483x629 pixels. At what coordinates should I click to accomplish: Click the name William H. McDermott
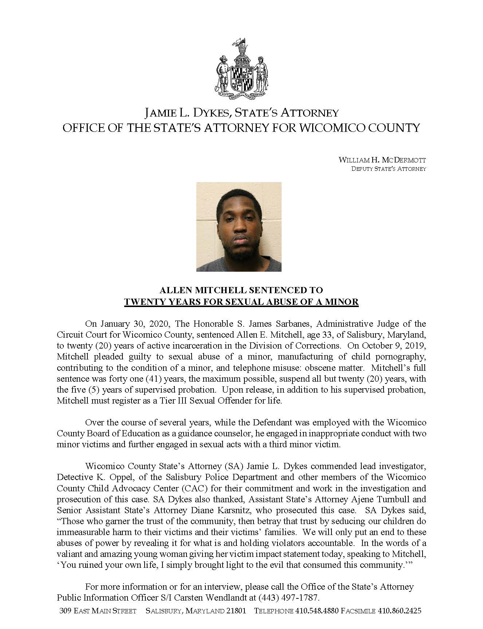click(x=382, y=160)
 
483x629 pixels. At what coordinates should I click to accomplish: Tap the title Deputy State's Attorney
click(x=388, y=169)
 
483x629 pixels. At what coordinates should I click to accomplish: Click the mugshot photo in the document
click(x=239, y=227)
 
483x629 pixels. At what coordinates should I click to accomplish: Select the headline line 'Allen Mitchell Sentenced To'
click(x=241, y=290)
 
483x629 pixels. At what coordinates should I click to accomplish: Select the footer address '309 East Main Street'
click(x=98, y=611)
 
